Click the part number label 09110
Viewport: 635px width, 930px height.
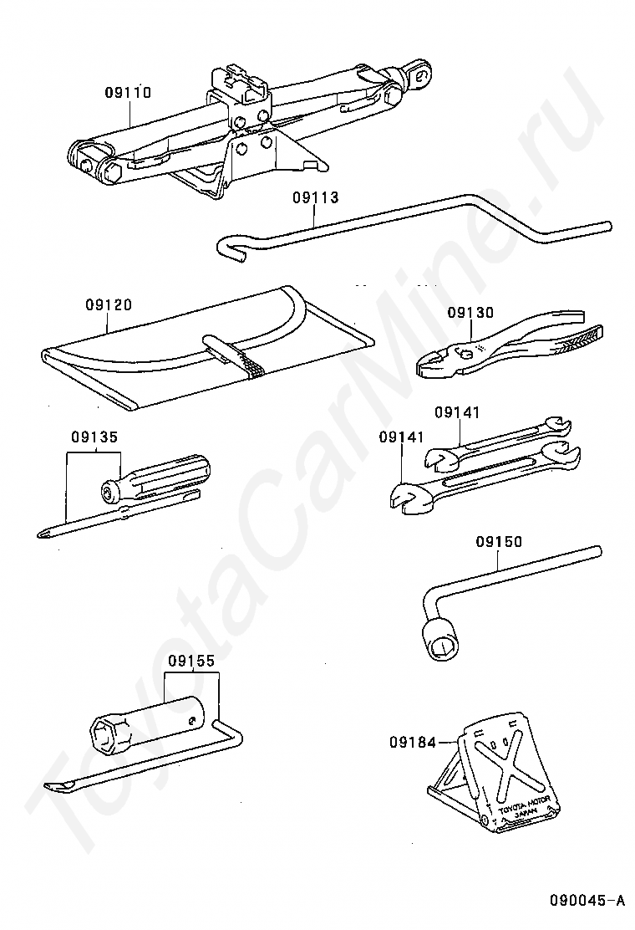pos(128,93)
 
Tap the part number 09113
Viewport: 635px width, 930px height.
pos(315,198)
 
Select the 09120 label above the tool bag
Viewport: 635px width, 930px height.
pos(108,305)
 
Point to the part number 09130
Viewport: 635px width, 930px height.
pos(470,312)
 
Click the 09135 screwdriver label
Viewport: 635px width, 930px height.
pos(94,436)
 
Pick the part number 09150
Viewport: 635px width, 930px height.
pos(499,542)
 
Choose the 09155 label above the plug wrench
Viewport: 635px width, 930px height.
pos(190,660)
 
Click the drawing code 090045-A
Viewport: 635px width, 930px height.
pos(587,901)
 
